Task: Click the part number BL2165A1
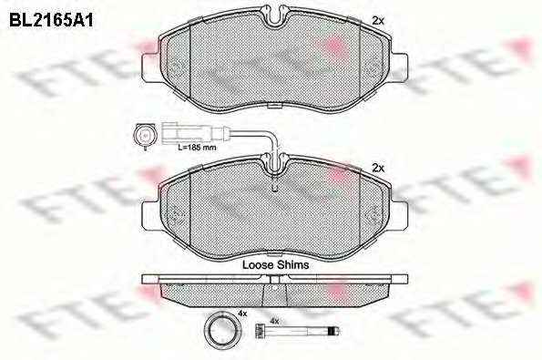point(51,21)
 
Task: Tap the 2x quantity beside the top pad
point(378,21)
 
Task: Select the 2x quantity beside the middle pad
point(378,168)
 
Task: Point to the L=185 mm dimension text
point(197,148)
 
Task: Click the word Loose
point(258,265)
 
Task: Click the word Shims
point(293,265)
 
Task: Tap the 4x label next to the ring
point(242,314)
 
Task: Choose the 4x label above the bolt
point(274,321)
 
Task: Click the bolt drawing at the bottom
point(297,332)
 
